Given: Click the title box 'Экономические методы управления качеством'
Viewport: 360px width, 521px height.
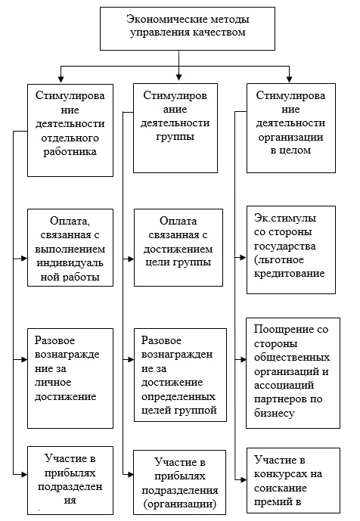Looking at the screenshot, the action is (x=188, y=29).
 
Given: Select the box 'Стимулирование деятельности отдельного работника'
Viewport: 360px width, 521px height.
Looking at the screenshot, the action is (x=70, y=130).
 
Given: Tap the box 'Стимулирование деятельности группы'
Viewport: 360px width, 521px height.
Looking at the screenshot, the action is (x=175, y=129).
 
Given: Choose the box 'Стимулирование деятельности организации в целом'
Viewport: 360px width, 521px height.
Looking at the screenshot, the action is (x=291, y=129).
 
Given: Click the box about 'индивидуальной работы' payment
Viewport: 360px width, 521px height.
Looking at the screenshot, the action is (x=70, y=247).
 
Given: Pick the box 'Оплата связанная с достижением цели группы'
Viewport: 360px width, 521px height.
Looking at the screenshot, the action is (x=178, y=247).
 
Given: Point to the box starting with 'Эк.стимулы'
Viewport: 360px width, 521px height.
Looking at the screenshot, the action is (x=291, y=250).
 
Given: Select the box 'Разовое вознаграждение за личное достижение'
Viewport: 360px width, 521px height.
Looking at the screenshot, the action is (x=70, y=378).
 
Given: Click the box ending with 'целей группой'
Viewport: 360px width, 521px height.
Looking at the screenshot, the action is (x=181, y=375).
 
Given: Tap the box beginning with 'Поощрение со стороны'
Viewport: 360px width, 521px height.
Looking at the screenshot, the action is (x=293, y=373).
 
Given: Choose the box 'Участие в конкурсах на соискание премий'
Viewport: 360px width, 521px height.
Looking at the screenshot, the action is (x=293, y=480).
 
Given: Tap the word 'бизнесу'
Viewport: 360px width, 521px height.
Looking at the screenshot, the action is (x=275, y=414).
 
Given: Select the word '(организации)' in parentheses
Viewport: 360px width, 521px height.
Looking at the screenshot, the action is (x=180, y=504).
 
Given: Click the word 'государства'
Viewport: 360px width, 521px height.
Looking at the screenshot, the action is (x=285, y=247).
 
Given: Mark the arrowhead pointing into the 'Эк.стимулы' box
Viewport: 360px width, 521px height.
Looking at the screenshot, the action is (x=243, y=257).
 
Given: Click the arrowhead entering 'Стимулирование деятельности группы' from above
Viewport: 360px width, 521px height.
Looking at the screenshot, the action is (x=178, y=77).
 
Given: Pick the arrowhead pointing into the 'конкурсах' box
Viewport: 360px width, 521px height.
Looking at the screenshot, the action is (x=243, y=480).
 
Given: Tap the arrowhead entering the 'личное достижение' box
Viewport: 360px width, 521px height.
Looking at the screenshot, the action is (x=24, y=359).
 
